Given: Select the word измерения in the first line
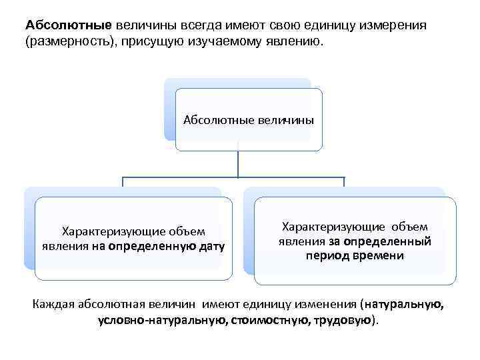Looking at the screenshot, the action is coord(394,25).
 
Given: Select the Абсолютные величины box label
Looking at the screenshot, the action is coord(248,120).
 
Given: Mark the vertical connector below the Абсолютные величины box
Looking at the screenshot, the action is coord(238,163).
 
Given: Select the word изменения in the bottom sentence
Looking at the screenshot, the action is coord(322,305).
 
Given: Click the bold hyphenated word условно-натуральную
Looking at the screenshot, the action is coord(161,321).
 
